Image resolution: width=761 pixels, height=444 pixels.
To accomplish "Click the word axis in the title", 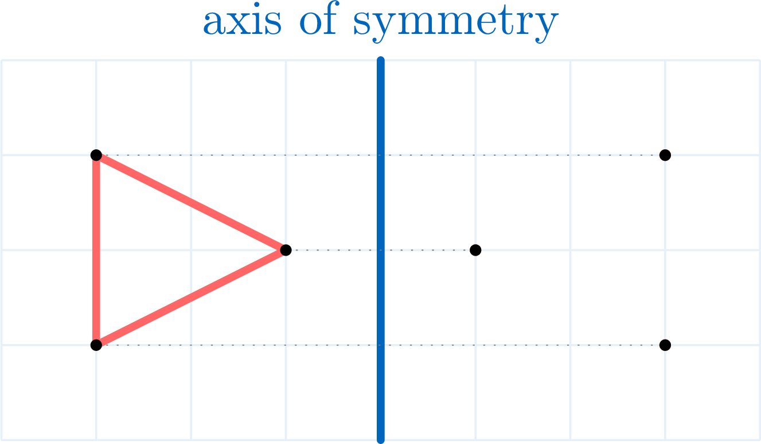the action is click(242, 21).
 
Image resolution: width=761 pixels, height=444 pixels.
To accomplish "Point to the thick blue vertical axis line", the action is click(381, 250).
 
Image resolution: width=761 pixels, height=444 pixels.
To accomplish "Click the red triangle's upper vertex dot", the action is click(96, 155).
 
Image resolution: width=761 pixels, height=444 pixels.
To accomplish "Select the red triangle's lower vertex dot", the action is click(96, 345).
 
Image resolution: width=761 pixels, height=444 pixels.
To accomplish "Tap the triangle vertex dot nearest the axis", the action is click(286, 250).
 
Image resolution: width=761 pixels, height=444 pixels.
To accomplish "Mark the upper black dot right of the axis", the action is click(665, 155).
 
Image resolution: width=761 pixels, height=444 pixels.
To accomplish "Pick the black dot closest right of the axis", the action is click(475, 250).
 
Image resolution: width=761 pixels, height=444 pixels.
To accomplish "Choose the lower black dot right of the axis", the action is click(665, 345).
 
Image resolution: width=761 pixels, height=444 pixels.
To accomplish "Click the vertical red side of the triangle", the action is click(96, 250).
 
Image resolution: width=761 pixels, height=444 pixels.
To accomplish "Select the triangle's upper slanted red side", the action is click(191, 203).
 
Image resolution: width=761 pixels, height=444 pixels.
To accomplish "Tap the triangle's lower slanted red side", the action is click(191, 298).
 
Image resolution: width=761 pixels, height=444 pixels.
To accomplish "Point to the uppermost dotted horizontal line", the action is click(381, 155).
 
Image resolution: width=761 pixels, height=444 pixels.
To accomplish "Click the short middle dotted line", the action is click(381, 250).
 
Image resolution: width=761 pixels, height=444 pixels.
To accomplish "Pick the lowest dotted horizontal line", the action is click(381, 345).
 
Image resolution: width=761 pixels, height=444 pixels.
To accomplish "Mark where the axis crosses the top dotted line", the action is click(381, 155).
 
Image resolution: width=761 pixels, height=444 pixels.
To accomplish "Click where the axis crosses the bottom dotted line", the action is click(381, 345).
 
